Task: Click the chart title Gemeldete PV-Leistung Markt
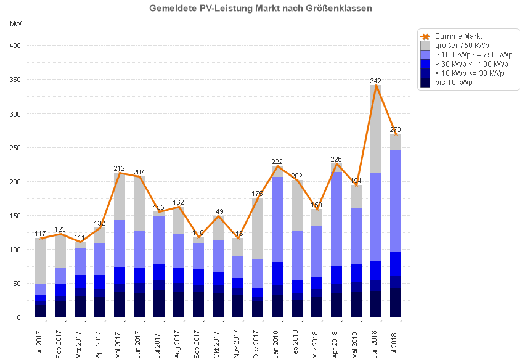[x=261, y=9]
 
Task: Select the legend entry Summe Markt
[x=459, y=36]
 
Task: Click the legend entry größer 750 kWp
[x=462, y=46]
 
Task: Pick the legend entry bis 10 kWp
[x=454, y=83]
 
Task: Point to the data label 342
[x=376, y=81]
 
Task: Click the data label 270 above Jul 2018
[x=396, y=129]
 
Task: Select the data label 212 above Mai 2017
[x=120, y=168]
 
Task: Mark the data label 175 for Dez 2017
[x=258, y=194]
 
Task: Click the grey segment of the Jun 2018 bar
[x=375, y=129]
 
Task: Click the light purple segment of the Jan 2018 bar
[x=277, y=219]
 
